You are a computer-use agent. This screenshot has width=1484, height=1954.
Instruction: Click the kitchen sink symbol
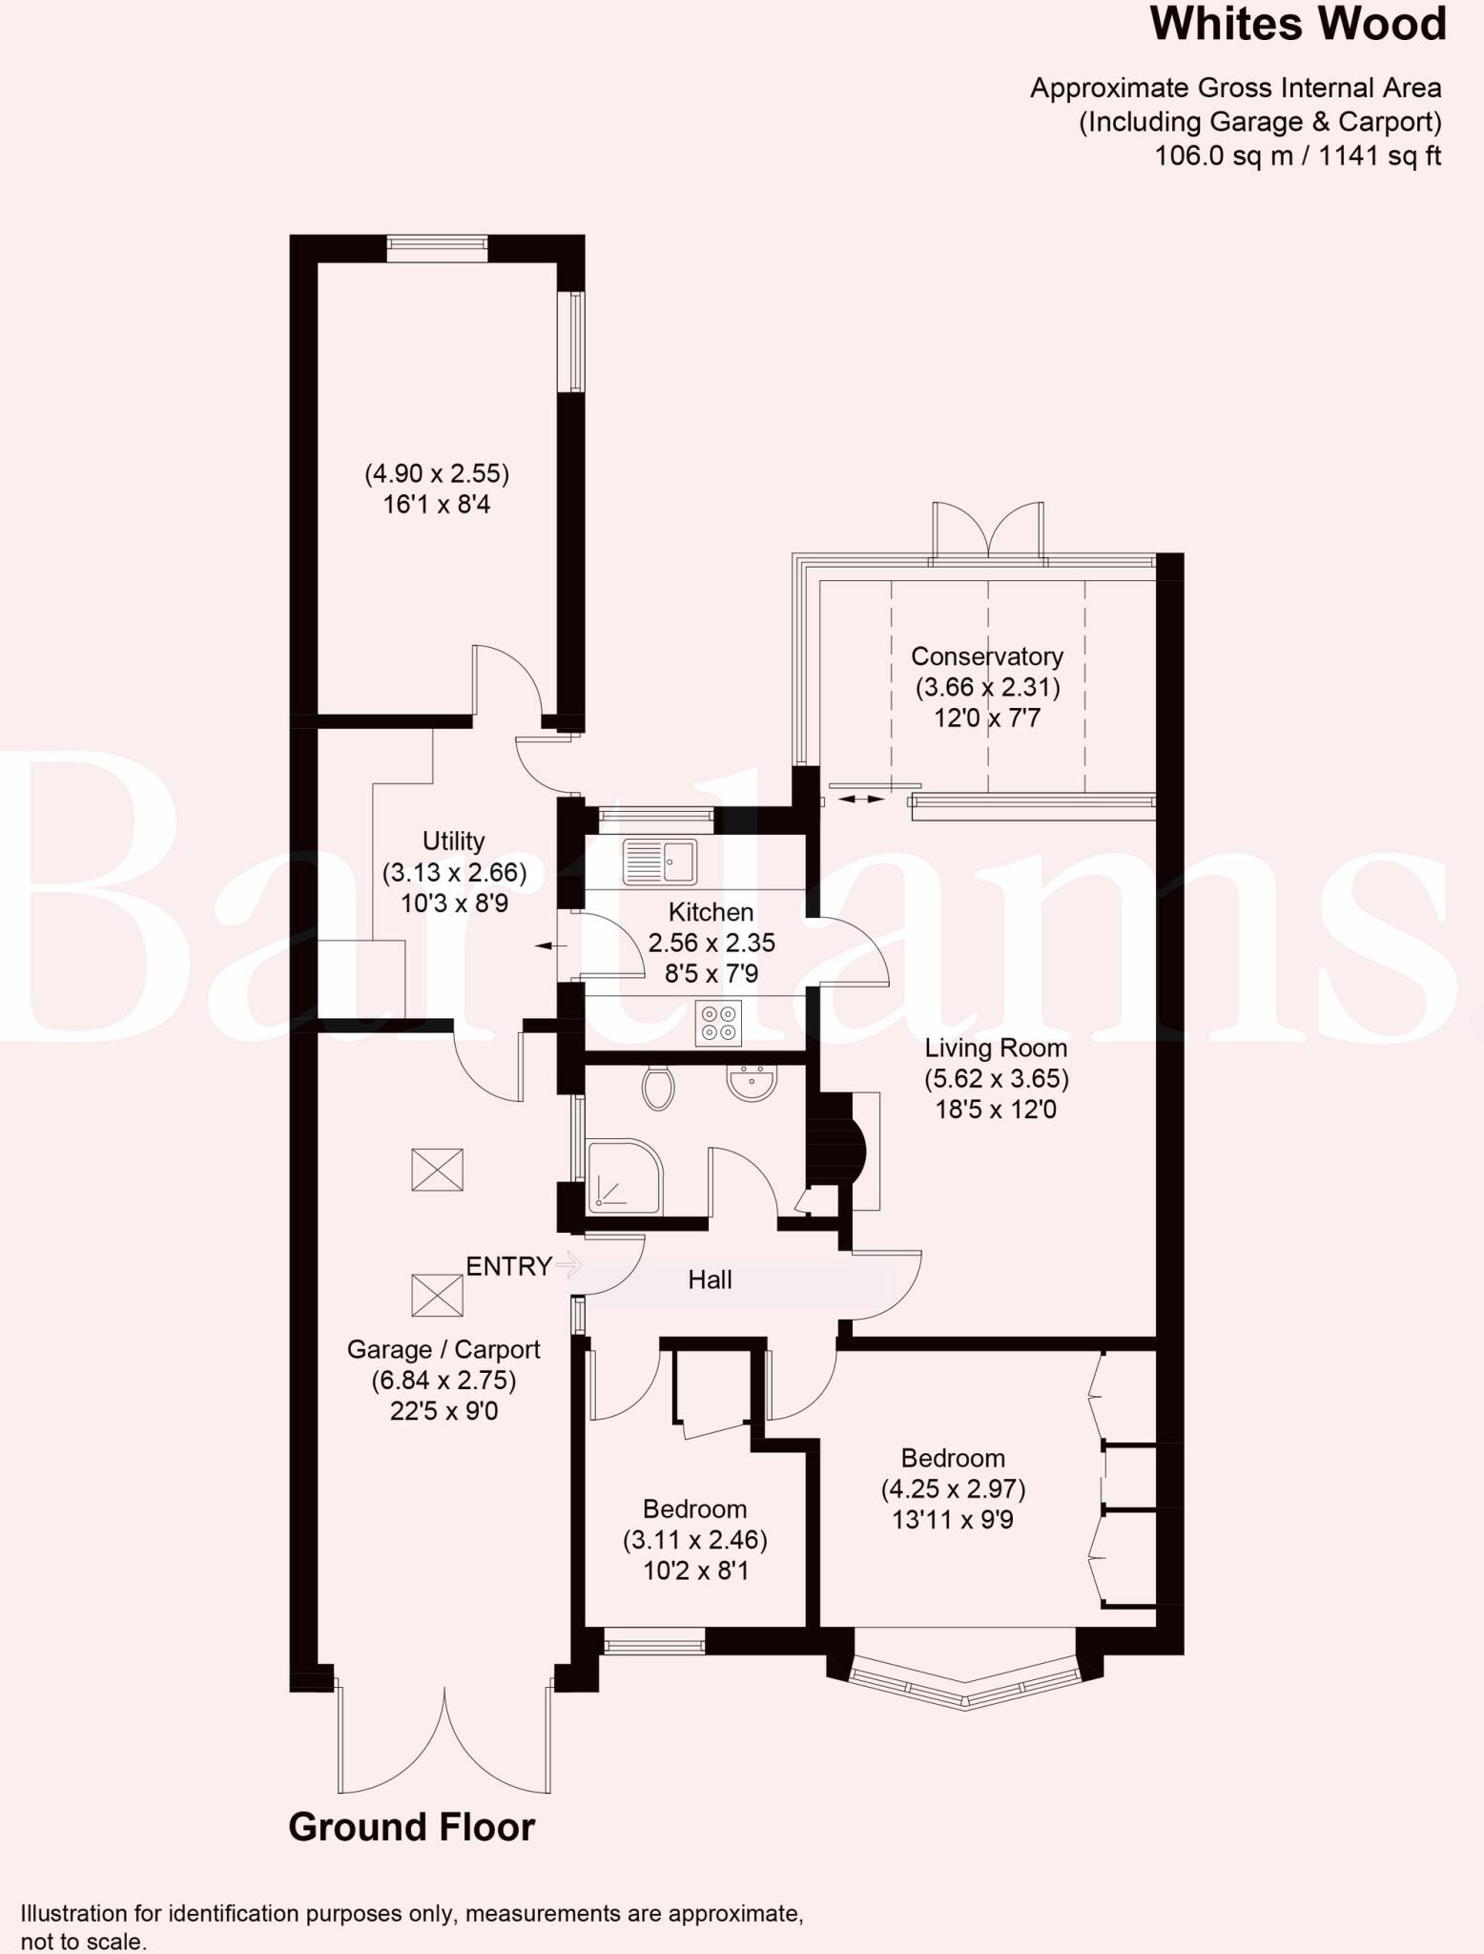[659, 862]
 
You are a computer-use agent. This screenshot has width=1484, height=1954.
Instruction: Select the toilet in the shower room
[658, 1087]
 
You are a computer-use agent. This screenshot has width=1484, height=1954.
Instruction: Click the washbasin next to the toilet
[752, 1082]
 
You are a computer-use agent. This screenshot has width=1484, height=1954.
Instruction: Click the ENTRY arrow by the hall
[569, 1266]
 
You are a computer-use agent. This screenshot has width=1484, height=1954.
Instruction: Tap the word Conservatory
[986, 656]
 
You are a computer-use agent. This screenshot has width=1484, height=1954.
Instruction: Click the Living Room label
[996, 1049]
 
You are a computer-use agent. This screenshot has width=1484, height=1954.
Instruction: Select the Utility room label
[453, 842]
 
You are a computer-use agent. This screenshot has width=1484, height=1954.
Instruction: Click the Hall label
[710, 1280]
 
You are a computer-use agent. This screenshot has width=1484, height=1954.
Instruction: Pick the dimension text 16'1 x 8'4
[437, 505]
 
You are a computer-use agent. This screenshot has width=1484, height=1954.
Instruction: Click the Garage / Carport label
[443, 1350]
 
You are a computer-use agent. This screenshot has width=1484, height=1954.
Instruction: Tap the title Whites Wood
[1298, 25]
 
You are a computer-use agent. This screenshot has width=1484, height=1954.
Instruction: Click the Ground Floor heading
[411, 1827]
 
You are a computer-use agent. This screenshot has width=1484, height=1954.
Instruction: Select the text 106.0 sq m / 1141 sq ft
[1297, 156]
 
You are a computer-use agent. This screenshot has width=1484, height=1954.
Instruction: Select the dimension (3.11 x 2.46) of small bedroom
[694, 1540]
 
